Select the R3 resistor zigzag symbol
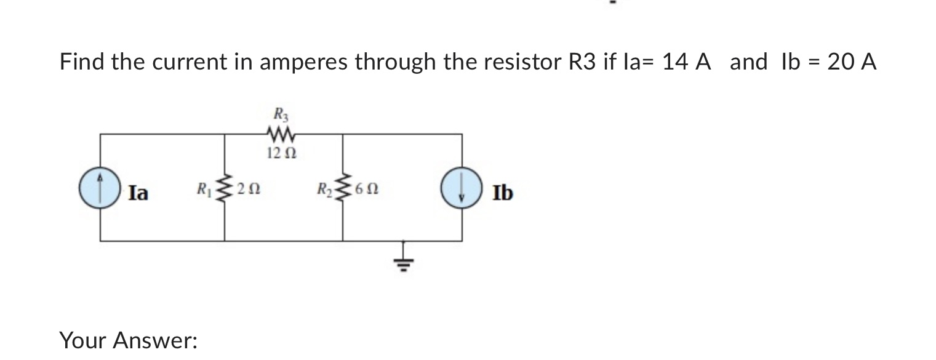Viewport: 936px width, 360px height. (x=281, y=133)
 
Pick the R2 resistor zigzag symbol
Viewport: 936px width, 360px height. (x=342, y=188)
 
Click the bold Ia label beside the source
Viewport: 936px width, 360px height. (x=138, y=193)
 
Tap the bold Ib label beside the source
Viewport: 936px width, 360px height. (x=502, y=193)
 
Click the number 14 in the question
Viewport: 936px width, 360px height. (x=674, y=62)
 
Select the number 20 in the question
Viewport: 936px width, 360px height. (x=839, y=62)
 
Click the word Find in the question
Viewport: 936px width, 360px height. (x=82, y=62)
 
